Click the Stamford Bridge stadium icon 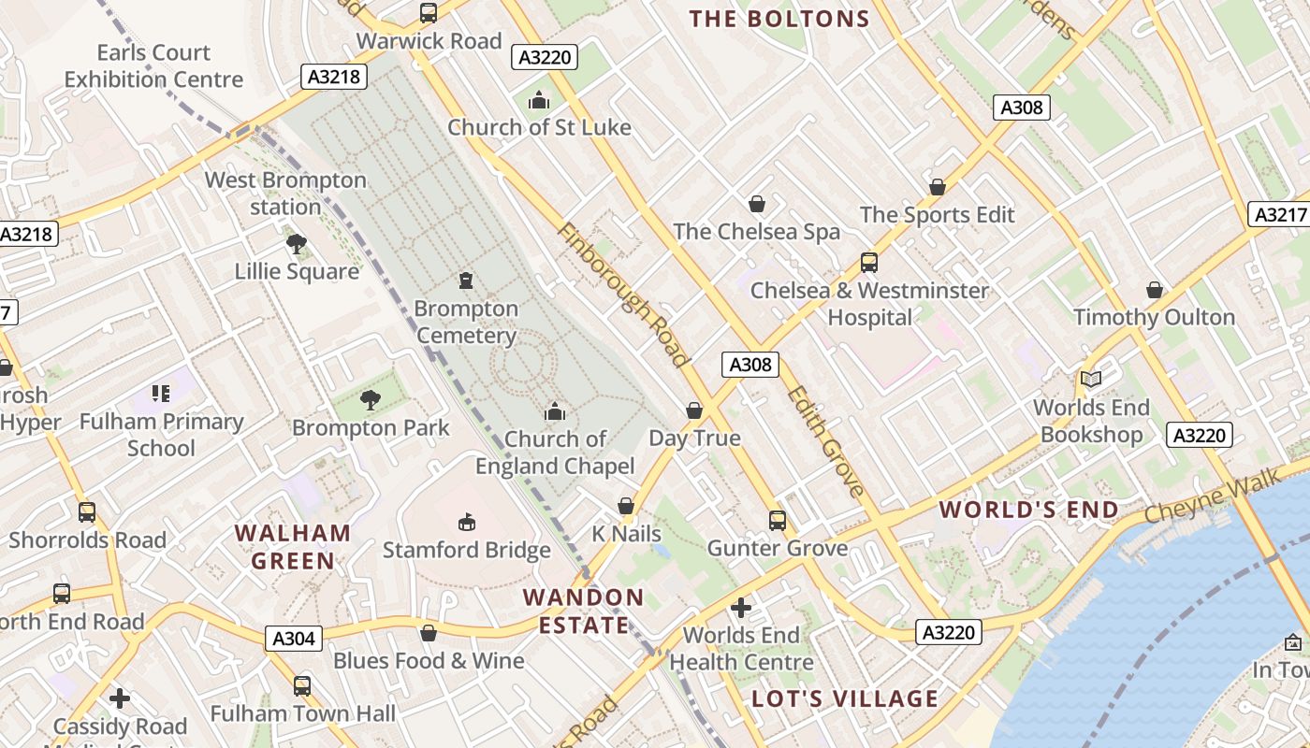466,522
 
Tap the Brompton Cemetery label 466,322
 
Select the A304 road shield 294,639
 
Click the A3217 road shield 1278,214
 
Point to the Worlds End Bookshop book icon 1091,379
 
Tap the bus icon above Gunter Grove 777,520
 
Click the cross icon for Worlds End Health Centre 741,608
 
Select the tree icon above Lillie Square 297,244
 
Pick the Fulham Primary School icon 161,394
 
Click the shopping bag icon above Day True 694,410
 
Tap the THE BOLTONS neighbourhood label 779,19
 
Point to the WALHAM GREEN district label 293,547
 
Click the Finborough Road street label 623,295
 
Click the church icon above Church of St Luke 539,99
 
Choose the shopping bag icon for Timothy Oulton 1155,290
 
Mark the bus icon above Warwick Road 429,13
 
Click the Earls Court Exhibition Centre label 153,65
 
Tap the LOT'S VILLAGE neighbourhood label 845,698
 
